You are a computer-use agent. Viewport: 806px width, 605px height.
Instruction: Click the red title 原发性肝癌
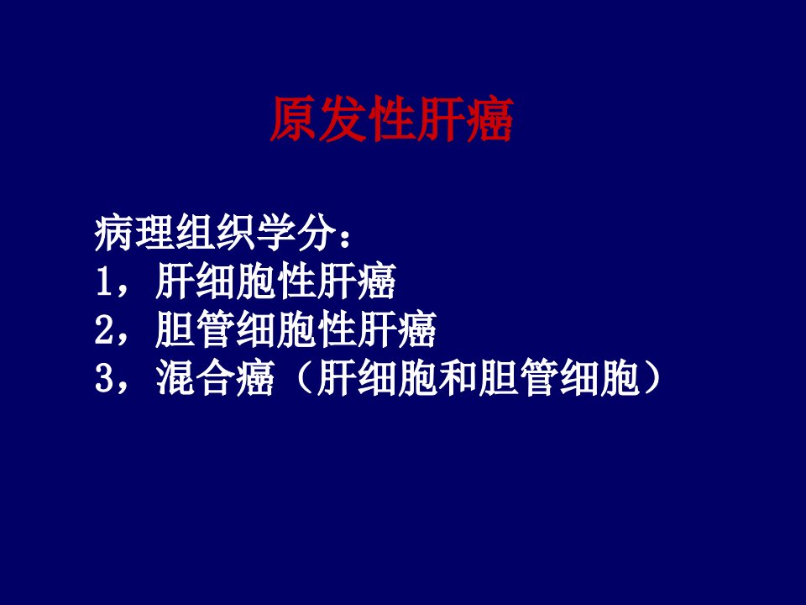392,119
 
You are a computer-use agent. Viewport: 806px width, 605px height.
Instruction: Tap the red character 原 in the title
293,119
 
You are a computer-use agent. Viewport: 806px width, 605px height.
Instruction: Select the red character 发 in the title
343,119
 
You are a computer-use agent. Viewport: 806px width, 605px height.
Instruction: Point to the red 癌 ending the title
490,119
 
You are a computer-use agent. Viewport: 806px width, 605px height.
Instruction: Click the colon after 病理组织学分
345,238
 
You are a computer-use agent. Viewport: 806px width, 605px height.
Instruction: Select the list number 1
104,281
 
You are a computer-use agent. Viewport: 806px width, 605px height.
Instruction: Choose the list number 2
104,329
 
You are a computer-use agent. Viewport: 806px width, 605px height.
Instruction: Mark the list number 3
104,377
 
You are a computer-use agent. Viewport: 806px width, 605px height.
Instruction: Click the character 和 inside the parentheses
458,377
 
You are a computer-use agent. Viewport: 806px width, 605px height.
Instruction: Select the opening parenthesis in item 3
304,377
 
